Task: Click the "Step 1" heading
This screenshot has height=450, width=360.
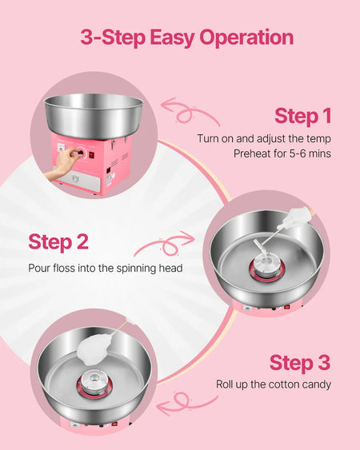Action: [303, 116]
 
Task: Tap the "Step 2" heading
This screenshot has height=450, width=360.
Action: [58, 241]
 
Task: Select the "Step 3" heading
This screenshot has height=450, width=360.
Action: [300, 362]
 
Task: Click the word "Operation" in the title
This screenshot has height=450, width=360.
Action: [246, 38]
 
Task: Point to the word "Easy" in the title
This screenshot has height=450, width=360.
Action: [172, 38]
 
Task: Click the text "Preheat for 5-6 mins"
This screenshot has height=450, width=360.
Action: [282, 153]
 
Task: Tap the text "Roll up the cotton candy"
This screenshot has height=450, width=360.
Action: [274, 384]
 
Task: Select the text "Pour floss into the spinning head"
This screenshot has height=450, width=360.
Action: [106, 268]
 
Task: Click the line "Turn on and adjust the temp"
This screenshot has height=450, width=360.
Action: [264, 138]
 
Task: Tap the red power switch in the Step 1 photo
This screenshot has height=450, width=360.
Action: [91, 155]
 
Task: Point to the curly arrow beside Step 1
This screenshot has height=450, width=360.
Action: [190, 113]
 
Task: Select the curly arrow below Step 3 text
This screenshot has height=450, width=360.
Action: [187, 403]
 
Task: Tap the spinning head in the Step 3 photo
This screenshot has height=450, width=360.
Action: [94, 383]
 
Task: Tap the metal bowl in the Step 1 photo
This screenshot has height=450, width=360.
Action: [94, 115]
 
